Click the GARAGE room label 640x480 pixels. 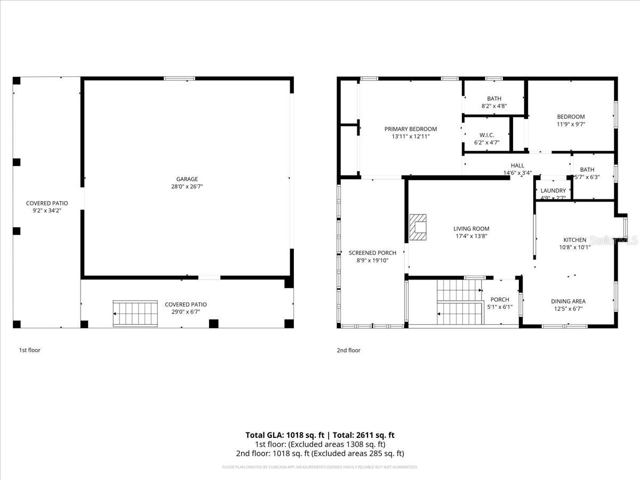tap(187, 179)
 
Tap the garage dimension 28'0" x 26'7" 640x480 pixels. tap(187, 187)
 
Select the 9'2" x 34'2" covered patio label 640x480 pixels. tap(47, 211)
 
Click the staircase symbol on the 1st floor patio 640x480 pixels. tap(135, 313)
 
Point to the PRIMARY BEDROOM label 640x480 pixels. tap(411, 129)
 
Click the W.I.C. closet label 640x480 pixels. tap(486, 135)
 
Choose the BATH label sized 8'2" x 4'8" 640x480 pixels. tap(494, 99)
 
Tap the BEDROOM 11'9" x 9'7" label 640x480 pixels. tap(571, 117)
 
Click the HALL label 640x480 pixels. tap(517, 166)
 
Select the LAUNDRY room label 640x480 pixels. tap(553, 191)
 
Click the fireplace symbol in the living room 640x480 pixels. tap(418, 228)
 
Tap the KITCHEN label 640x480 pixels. tap(575, 240)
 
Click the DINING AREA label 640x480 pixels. tap(568, 301)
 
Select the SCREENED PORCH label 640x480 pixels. tap(372, 253)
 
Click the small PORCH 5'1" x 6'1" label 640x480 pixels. tap(500, 300)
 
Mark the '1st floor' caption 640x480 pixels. tap(30, 350)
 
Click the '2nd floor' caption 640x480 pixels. tap(348, 350)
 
